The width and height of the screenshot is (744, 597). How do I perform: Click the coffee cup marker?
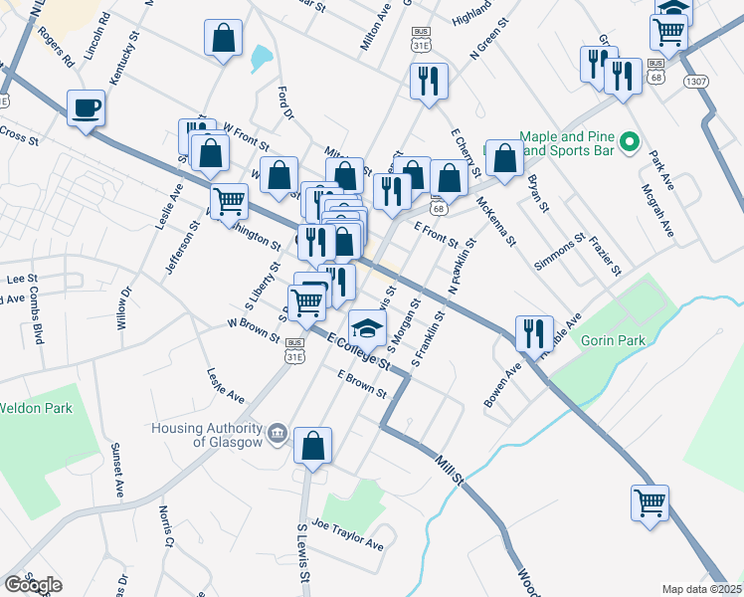[x=87, y=107]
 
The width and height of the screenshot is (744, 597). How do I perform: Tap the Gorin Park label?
[x=615, y=340]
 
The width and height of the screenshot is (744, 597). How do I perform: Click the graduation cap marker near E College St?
[x=367, y=328]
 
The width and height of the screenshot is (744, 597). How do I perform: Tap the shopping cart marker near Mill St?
[x=650, y=501]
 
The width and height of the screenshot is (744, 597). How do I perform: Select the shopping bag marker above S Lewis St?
[x=313, y=449]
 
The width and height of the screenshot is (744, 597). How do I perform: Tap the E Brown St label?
[x=361, y=383]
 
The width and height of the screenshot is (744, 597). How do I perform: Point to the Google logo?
[x=33, y=585]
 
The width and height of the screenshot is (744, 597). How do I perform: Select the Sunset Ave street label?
[x=117, y=471]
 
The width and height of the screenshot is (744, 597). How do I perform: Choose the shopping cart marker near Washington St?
[x=230, y=201]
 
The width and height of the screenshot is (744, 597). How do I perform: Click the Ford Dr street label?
[x=287, y=102]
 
